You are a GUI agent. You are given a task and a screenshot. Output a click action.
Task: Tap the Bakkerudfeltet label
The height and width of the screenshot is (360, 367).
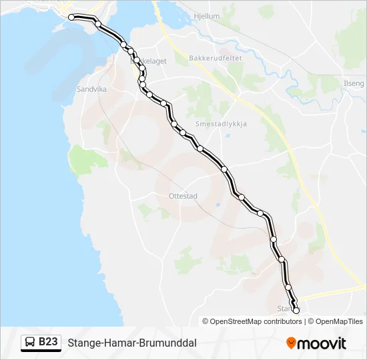(x=215, y=58)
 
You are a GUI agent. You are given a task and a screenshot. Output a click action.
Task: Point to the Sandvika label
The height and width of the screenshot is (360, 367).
(x=91, y=88)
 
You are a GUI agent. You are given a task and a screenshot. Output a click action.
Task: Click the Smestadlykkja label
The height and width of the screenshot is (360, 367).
(x=221, y=124)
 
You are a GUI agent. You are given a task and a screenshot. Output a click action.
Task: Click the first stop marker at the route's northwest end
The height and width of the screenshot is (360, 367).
(x=71, y=18)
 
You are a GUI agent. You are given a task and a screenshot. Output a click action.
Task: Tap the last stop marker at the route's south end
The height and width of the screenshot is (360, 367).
(x=296, y=310)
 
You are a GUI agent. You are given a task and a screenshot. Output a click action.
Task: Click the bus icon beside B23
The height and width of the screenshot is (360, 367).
(x=30, y=342)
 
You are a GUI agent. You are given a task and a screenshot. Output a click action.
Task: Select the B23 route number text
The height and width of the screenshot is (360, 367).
(x=49, y=342)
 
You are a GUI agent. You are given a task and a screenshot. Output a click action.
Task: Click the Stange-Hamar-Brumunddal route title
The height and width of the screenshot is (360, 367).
(x=131, y=343)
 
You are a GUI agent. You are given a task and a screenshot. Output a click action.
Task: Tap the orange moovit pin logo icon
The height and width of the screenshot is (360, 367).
(x=291, y=343)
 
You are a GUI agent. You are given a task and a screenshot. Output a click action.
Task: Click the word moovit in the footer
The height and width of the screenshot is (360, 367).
(x=322, y=343)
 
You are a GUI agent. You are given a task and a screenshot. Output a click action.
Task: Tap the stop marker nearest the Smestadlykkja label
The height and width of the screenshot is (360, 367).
(x=200, y=148)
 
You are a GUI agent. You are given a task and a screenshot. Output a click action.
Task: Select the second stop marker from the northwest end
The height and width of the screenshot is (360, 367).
(x=98, y=24)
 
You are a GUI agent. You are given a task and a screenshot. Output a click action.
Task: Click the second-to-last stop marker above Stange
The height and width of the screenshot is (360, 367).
(x=288, y=287)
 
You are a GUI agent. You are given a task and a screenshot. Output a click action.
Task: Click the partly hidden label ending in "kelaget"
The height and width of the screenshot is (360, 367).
(x=155, y=61)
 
